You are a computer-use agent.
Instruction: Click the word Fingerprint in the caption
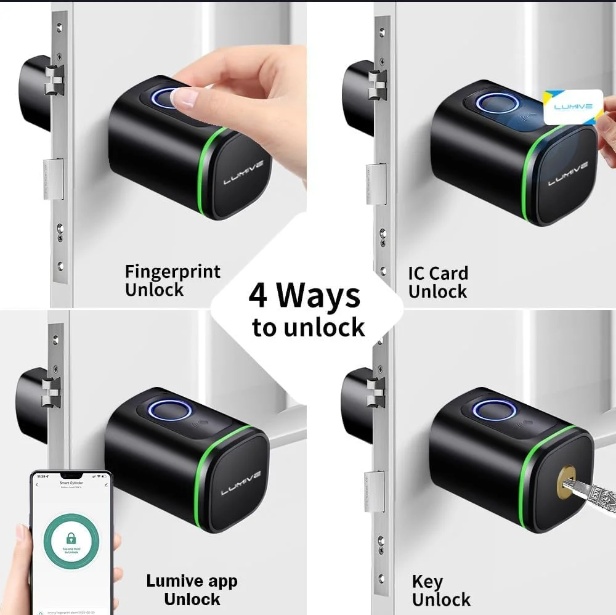click(x=172, y=272)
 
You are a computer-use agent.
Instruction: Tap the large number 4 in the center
click(x=257, y=297)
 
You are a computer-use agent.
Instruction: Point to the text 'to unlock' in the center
click(x=308, y=327)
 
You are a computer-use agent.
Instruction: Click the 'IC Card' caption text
click(x=437, y=273)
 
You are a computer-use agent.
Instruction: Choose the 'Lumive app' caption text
click(x=192, y=580)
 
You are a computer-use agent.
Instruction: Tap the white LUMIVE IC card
click(x=572, y=107)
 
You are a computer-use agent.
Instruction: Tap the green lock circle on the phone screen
click(x=73, y=536)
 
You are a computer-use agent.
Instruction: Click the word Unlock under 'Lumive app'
click(x=192, y=599)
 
